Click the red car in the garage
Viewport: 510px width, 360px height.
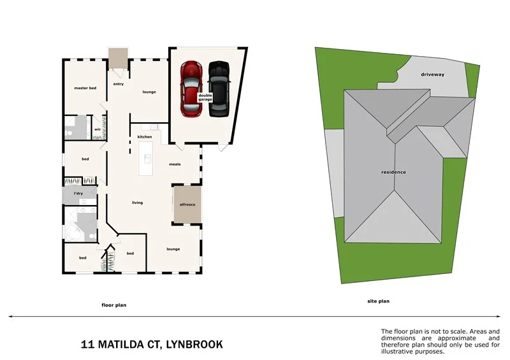[190, 89]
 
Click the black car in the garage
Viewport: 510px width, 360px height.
[219, 89]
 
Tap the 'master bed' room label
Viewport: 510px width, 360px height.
[85, 88]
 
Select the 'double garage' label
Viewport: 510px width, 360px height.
[205, 97]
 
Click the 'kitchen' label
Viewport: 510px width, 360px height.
[145, 137]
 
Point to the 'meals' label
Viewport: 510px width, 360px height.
[175, 164]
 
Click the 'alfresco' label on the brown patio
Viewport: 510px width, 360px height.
[187, 205]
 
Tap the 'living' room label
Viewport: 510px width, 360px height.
[137, 203]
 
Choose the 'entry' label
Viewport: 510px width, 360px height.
[118, 84]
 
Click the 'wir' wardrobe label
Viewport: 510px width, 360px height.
[98, 128]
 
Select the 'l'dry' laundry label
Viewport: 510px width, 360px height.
[78, 193]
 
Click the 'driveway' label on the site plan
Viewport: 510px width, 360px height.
[432, 75]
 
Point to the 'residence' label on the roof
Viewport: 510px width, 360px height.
[393, 173]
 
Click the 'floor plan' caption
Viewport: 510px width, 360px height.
[114, 305]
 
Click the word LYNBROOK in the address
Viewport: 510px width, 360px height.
[194, 345]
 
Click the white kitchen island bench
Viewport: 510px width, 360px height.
[147, 159]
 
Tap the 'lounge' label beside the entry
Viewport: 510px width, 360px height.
[149, 92]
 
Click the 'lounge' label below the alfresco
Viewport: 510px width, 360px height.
[173, 249]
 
